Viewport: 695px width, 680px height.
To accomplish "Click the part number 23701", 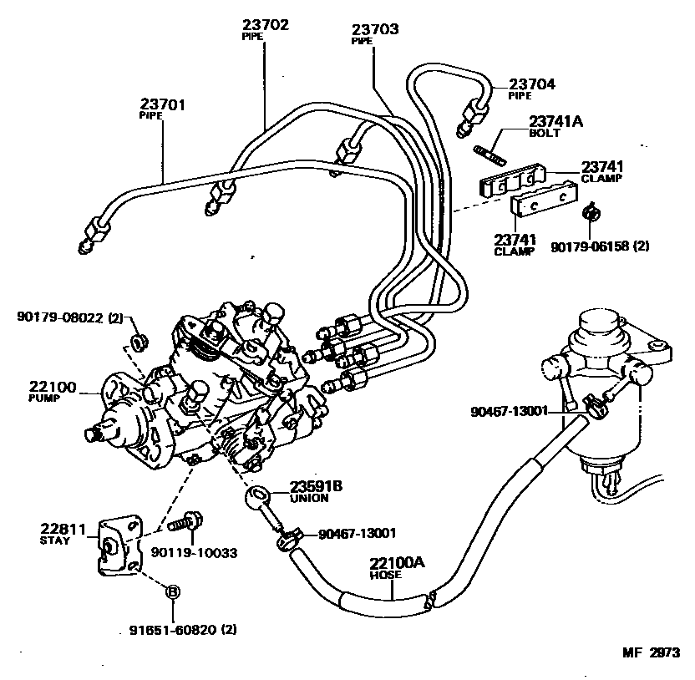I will (162, 104).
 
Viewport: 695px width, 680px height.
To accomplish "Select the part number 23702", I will (266, 25).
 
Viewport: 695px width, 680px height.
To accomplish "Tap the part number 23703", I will (375, 29).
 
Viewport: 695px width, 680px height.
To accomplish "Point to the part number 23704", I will (532, 84).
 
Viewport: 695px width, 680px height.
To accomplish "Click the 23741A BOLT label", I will (555, 126).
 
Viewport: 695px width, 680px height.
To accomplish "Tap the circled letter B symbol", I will (173, 591).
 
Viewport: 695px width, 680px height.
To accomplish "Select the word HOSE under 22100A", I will (388, 576).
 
